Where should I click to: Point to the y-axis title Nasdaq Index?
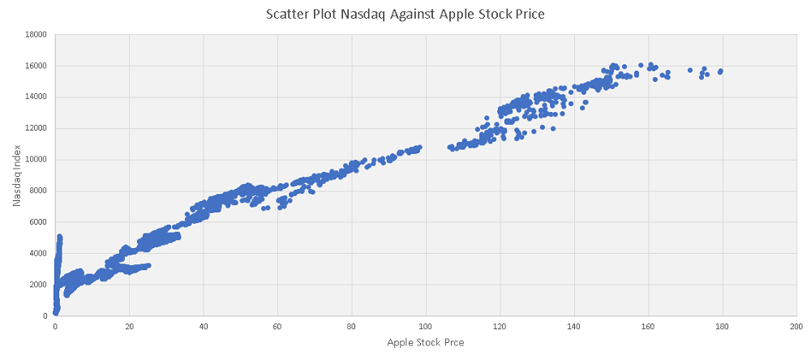coord(15,175)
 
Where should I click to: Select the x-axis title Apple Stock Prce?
coord(425,342)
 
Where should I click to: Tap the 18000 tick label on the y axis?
coord(35,35)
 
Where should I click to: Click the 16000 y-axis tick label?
coord(35,66)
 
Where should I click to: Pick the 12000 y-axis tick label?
coord(35,129)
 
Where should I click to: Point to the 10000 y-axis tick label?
coord(35,160)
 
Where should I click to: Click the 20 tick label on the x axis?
coord(129,327)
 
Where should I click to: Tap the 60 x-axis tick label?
coord(277,327)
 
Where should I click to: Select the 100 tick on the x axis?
coord(425,327)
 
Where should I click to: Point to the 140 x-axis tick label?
coord(573,327)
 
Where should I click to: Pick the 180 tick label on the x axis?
coord(721,327)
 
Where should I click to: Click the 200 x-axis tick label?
coord(796,327)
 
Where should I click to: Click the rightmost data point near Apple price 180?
coord(720,71)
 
